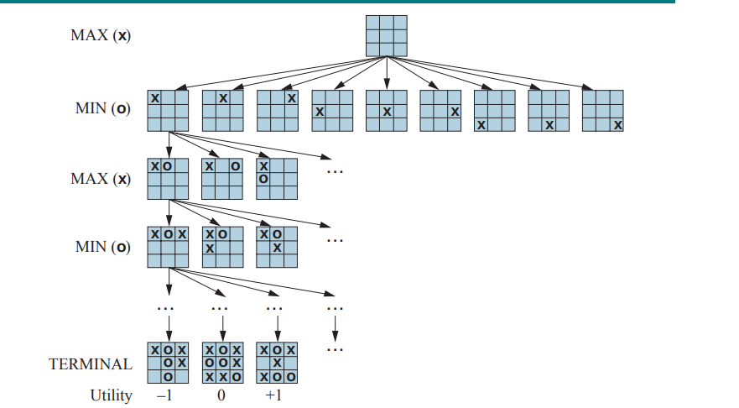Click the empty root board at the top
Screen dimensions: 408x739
tap(387, 35)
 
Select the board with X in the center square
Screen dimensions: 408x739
tap(387, 111)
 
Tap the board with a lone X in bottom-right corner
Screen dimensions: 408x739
tap(603, 111)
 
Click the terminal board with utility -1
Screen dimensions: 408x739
tap(168, 363)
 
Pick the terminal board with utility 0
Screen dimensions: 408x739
tap(222, 363)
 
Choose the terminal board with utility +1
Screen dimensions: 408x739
tap(277, 363)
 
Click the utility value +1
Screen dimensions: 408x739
tap(273, 395)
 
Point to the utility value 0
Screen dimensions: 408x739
tap(221, 395)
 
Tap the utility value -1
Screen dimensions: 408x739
tap(164, 395)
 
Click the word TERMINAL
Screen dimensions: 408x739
tap(91, 364)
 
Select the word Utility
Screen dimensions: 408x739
tap(112, 395)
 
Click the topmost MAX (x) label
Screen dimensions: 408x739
tap(101, 37)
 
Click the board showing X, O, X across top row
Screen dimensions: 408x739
tap(168, 246)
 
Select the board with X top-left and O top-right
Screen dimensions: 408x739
tap(222, 178)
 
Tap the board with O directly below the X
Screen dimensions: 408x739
tap(277, 178)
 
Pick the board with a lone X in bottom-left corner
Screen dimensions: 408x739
tap(495, 111)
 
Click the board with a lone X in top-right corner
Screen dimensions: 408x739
tap(277, 111)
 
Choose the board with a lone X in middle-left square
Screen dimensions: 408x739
tap(332, 111)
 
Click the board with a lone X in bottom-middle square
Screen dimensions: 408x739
tap(549, 111)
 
